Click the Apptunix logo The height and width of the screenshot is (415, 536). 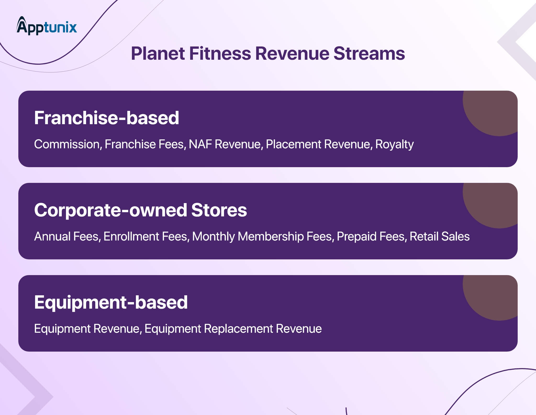[x=47, y=26]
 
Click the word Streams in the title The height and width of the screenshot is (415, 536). [x=369, y=54]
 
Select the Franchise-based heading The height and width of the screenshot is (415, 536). [x=107, y=118]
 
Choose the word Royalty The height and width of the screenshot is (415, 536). [x=394, y=144]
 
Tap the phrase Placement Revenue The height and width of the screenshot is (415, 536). [x=318, y=144]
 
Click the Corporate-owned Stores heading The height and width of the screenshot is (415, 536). [x=140, y=210]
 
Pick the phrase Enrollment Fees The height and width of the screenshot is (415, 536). [x=146, y=236]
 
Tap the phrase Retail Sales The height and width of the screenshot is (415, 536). [x=439, y=236]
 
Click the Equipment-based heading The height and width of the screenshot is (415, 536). [x=111, y=302]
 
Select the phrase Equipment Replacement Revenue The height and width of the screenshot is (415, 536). [x=233, y=329]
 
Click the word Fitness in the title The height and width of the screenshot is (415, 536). [x=220, y=54]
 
